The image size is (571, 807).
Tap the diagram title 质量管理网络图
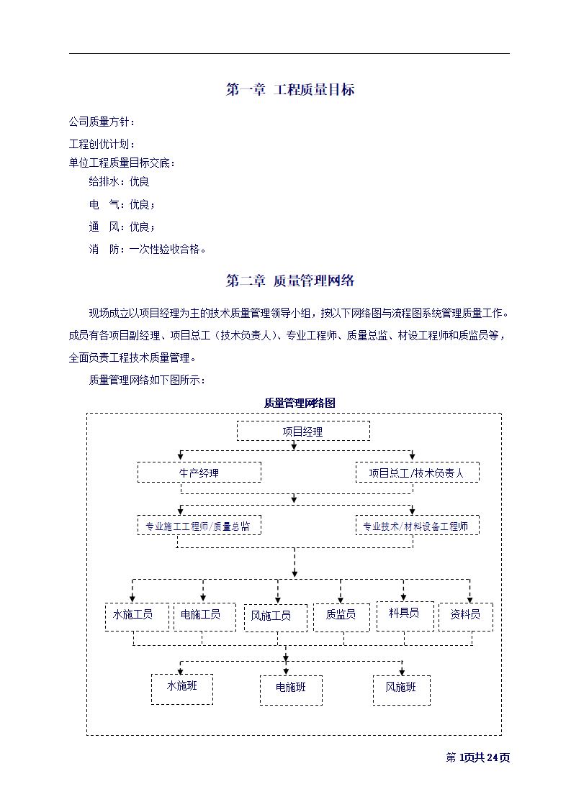click(x=300, y=403)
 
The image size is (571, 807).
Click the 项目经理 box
click(x=303, y=432)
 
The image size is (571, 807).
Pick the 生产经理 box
click(x=199, y=473)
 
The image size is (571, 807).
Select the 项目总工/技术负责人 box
click(x=417, y=473)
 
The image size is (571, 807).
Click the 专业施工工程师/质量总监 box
click(x=199, y=526)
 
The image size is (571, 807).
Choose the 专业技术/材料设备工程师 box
click(x=417, y=526)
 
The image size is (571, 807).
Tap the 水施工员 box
click(x=137, y=616)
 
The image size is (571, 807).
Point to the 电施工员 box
click(x=204, y=616)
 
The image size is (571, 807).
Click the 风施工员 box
click(x=275, y=617)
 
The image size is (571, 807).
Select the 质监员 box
click(x=341, y=616)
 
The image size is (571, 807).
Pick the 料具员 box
click(x=405, y=615)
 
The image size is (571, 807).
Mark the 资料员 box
click(x=466, y=616)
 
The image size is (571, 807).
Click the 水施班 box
click(x=181, y=688)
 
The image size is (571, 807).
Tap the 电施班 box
click(x=291, y=690)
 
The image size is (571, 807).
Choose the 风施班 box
click(x=401, y=689)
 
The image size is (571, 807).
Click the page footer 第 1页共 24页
click(x=478, y=757)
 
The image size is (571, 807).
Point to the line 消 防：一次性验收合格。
click(x=148, y=250)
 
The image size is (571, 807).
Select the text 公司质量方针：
click(x=102, y=122)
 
